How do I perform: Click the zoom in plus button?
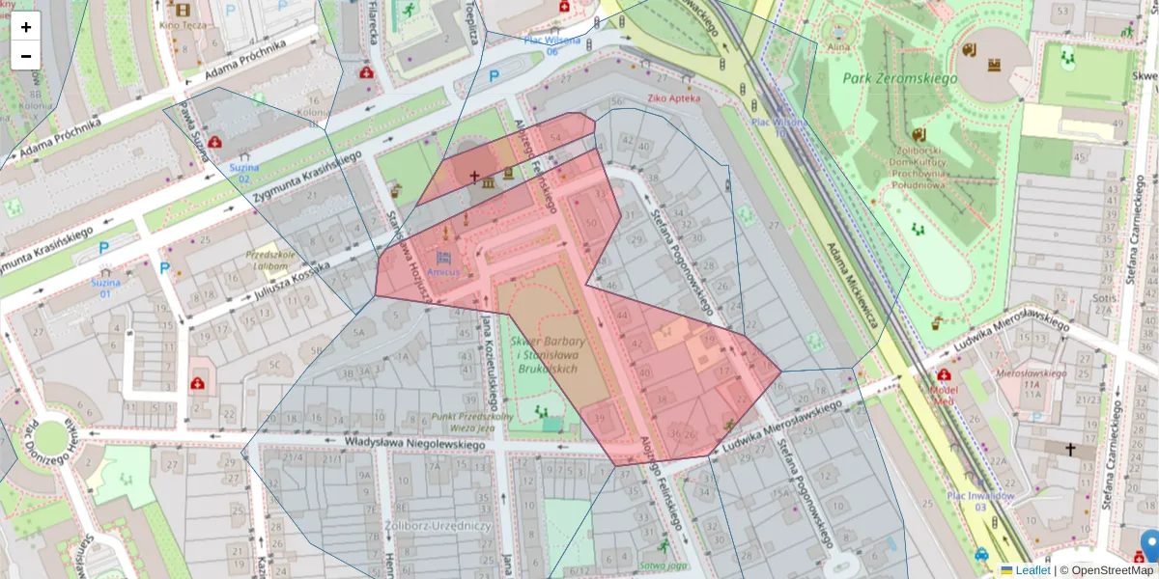coord(26,27)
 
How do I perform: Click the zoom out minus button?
coord(26,56)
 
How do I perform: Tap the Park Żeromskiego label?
coord(899,78)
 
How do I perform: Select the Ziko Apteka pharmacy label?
coord(673,97)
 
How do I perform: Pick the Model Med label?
coord(944,396)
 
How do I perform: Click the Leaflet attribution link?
coord(1032,570)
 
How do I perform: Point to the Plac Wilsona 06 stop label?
coord(552,45)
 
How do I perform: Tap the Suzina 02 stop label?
coord(242,173)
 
